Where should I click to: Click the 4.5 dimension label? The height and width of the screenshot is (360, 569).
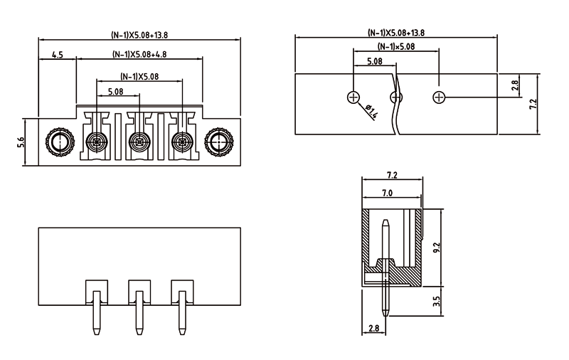pos(57,55)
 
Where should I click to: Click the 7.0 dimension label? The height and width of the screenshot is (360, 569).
pos(388,193)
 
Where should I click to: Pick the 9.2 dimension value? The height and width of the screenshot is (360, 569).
pos(437,248)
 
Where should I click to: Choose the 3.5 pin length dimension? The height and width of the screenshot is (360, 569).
pos(437,301)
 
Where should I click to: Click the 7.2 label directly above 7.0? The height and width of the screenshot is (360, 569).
pos(391,175)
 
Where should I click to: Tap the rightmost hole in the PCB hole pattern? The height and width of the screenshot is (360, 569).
pos(440,97)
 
